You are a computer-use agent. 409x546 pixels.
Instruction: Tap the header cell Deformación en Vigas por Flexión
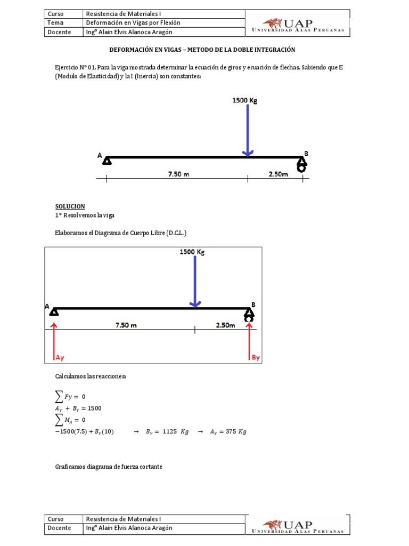tap(133, 23)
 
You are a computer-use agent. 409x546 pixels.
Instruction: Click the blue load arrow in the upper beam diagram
tap(247, 130)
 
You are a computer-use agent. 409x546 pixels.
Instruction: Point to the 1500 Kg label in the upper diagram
tap(245, 100)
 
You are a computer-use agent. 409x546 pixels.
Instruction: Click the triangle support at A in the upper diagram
tap(107, 161)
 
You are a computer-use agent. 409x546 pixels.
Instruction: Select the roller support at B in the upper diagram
tap(301, 166)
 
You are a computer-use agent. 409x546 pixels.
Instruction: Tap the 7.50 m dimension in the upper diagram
tap(178, 174)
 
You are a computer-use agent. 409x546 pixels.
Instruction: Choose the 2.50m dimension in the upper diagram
tap(277, 174)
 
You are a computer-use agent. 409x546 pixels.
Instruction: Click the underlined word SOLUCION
tap(70, 206)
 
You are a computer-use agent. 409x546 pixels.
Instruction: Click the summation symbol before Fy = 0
tap(61, 397)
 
